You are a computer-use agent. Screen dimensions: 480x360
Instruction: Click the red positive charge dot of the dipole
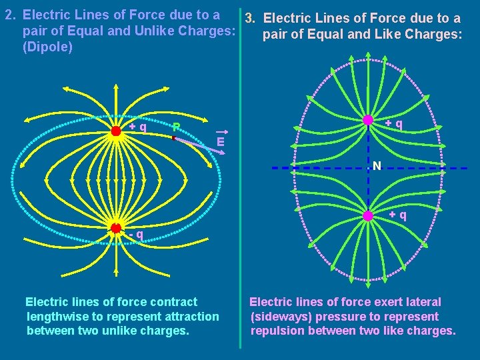pos(116,131)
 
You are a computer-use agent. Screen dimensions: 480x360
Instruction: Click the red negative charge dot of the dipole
pos(116,228)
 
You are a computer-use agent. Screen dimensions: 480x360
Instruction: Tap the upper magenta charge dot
pos(368,120)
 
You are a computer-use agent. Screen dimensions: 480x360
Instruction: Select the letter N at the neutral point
pos(377,165)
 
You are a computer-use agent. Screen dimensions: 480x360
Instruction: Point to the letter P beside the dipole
pos(176,127)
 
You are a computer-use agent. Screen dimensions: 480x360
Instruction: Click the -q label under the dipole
pos(137,234)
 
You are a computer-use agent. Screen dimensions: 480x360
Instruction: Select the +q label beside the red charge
pos(138,126)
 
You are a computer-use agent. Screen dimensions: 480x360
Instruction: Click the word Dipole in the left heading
pos(48,48)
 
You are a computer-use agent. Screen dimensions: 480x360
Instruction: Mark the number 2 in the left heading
pos(9,15)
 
